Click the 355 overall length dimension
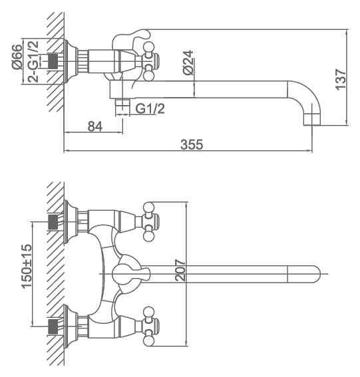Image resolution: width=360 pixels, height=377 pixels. tap(192, 144)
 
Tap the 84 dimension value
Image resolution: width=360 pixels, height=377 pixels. tap(95, 126)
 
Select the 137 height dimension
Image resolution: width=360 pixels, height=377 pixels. tap(341, 80)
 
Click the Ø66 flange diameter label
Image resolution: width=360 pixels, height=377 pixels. tap(17, 57)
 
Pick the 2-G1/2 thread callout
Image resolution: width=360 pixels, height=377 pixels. tap(33, 62)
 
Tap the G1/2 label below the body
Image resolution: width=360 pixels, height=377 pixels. tap(150, 108)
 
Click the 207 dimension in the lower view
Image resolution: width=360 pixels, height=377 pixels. tap(180, 270)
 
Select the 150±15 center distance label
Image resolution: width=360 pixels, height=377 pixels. tap(27, 266)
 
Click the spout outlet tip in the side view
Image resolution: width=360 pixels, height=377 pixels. tap(312, 120)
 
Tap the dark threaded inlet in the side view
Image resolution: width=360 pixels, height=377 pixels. tap(53, 61)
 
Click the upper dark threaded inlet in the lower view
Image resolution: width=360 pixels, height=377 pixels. tap(53, 221)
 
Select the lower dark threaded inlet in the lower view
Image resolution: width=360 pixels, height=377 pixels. tap(53, 326)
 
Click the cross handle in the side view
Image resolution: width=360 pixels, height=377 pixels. tap(150, 61)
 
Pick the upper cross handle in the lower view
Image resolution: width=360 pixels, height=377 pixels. tap(150, 221)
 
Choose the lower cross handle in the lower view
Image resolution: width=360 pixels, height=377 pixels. tap(150, 326)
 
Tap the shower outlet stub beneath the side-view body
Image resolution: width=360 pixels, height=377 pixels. tap(122, 107)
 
